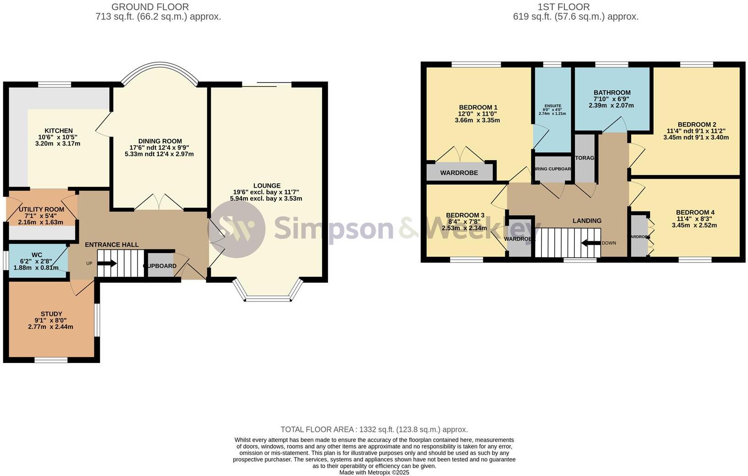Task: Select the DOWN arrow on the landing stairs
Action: click(591, 243)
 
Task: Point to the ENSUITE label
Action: click(552, 106)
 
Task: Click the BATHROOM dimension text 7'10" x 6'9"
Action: click(612, 99)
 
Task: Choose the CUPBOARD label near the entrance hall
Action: click(160, 266)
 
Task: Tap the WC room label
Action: click(37, 254)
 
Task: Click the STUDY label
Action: click(51, 314)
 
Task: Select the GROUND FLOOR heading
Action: click(150, 7)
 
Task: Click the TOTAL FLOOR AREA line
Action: click(374, 429)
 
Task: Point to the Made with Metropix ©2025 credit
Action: click(374, 472)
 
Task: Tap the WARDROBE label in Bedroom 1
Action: click(459, 173)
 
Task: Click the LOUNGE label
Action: click(267, 185)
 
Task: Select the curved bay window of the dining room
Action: click(159, 70)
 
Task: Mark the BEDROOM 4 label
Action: click(695, 212)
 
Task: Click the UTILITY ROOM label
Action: click(41, 210)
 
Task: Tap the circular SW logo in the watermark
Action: click(236, 229)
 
